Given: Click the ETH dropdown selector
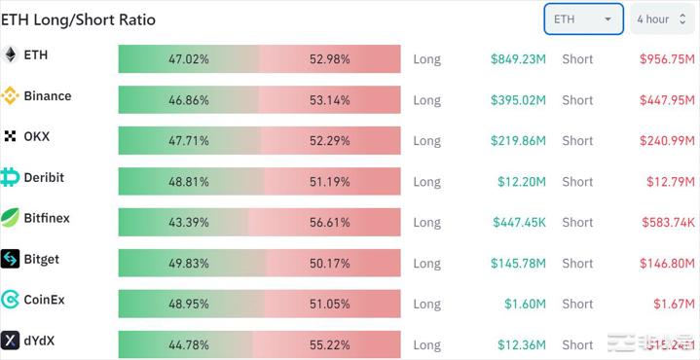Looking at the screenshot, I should (x=583, y=18).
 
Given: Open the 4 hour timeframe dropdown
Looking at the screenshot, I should (x=661, y=18).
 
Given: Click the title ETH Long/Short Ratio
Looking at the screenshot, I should (x=78, y=19).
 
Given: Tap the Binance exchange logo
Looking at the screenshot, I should (x=11, y=95).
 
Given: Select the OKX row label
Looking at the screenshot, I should (x=37, y=136).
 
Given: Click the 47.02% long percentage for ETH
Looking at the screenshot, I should (x=189, y=58).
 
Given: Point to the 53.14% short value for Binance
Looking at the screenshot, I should (x=330, y=99).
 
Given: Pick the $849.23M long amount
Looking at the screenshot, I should (x=518, y=58).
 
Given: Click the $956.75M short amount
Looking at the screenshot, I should (x=667, y=58).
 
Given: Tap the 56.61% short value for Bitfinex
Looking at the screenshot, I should (x=330, y=222).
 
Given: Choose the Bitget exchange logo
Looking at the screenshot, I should (x=11, y=259).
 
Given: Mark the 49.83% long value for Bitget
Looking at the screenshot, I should (x=189, y=263).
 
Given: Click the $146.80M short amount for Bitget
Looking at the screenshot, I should (x=667, y=263).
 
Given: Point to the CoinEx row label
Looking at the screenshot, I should (x=44, y=300).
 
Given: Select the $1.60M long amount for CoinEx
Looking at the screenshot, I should (x=525, y=304).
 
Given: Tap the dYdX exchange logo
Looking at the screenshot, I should (x=11, y=341).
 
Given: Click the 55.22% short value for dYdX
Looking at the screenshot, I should (x=330, y=344).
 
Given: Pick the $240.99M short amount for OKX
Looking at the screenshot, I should (x=667, y=140).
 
